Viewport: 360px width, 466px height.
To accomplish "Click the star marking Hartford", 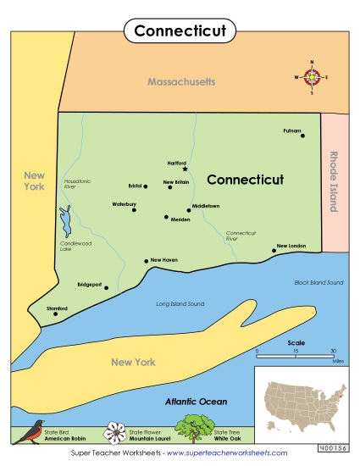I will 184,169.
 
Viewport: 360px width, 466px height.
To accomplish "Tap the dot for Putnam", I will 303,136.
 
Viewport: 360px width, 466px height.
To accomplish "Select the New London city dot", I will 274,251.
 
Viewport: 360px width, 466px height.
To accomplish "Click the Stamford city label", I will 58,308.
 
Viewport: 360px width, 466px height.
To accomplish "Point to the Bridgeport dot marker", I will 106,288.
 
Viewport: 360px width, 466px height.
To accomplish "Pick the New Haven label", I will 164,260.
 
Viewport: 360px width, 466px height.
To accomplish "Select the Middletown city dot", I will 188,209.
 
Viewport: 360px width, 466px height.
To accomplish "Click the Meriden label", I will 180,219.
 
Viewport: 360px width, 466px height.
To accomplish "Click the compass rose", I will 313,77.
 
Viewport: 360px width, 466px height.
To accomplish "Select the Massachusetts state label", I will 181,82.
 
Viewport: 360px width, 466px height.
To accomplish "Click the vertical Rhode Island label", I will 333,182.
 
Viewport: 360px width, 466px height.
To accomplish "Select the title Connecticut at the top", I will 180,31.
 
